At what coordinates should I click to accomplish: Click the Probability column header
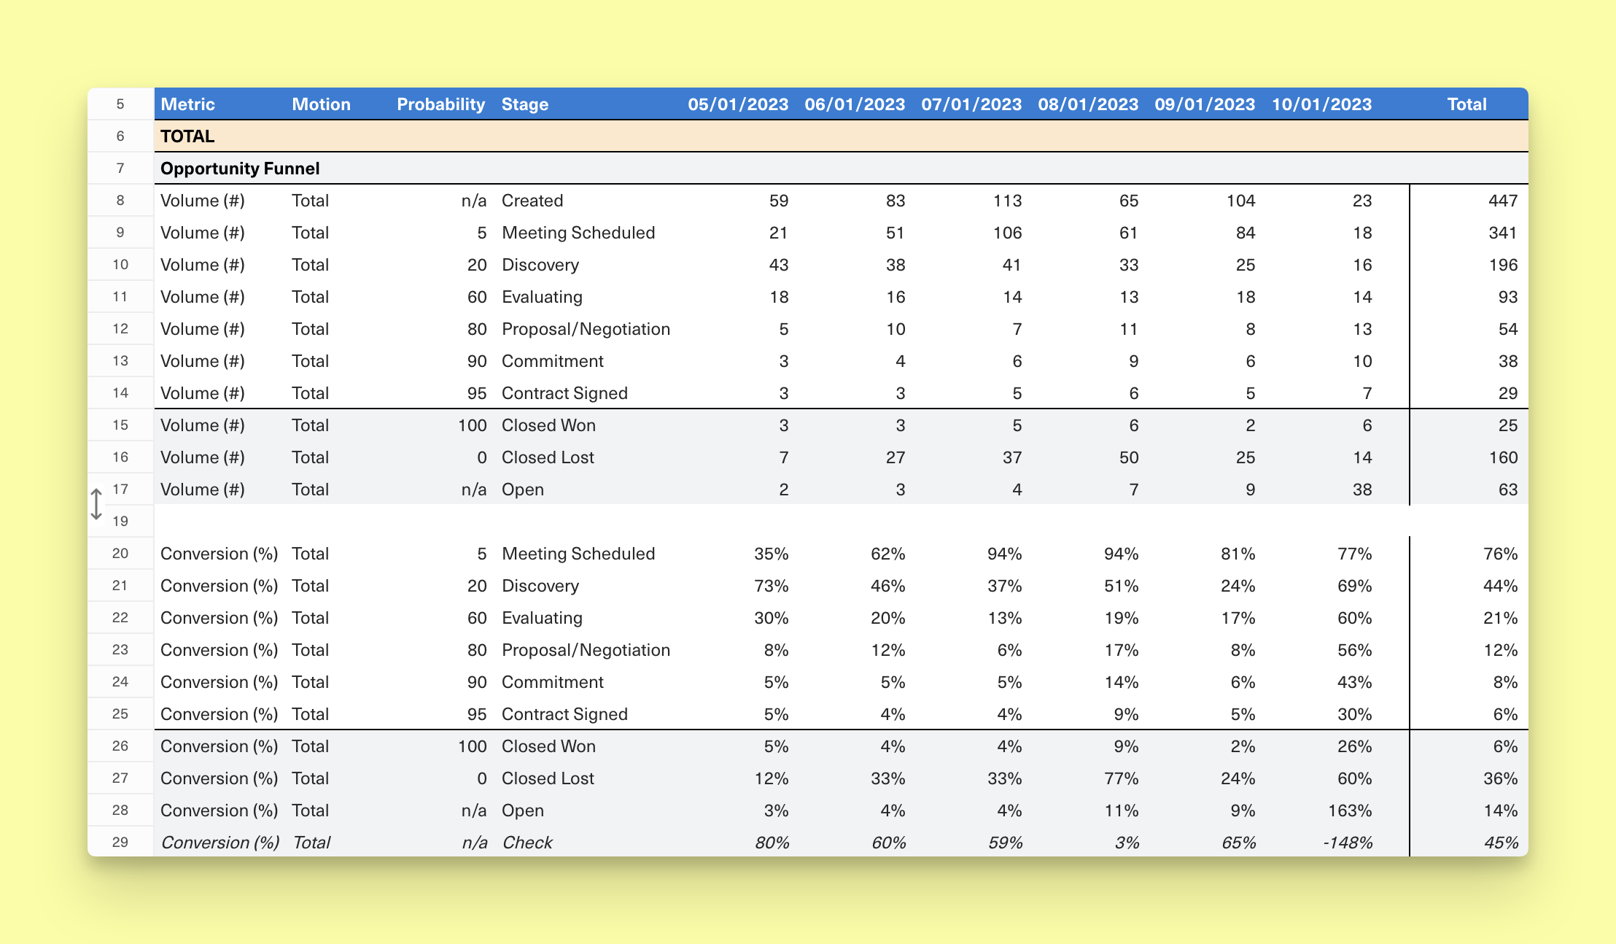[x=440, y=104]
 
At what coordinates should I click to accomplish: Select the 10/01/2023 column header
[x=1321, y=104]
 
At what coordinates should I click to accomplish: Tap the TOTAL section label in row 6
[x=187, y=136]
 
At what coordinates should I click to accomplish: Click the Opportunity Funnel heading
[x=240, y=169]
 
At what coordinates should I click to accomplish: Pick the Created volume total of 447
[x=1503, y=201]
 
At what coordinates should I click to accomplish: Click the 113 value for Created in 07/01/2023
[x=1007, y=201]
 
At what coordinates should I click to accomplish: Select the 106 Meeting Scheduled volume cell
[x=1007, y=233]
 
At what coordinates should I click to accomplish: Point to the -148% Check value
[x=1348, y=843]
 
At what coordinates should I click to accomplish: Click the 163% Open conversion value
[x=1349, y=810]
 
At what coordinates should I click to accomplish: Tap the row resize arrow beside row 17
[x=96, y=505]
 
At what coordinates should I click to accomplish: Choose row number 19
[x=120, y=522]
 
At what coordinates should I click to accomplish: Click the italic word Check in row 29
[x=527, y=843]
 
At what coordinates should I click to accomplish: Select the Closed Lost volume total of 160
[x=1503, y=457]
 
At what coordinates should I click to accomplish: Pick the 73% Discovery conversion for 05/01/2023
[x=771, y=586]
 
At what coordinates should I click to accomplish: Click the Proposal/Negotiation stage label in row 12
[x=586, y=329]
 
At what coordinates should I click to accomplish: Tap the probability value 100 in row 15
[x=472, y=425]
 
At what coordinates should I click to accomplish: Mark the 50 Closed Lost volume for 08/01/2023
[x=1128, y=457]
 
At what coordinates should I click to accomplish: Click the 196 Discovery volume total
[x=1503, y=265]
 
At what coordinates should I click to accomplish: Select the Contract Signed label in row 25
[x=564, y=714]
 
